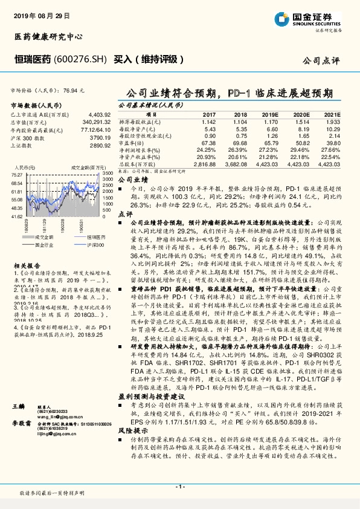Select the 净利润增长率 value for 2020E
point(303,149)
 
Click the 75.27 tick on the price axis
point(16,175)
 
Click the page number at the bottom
point(179,486)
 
